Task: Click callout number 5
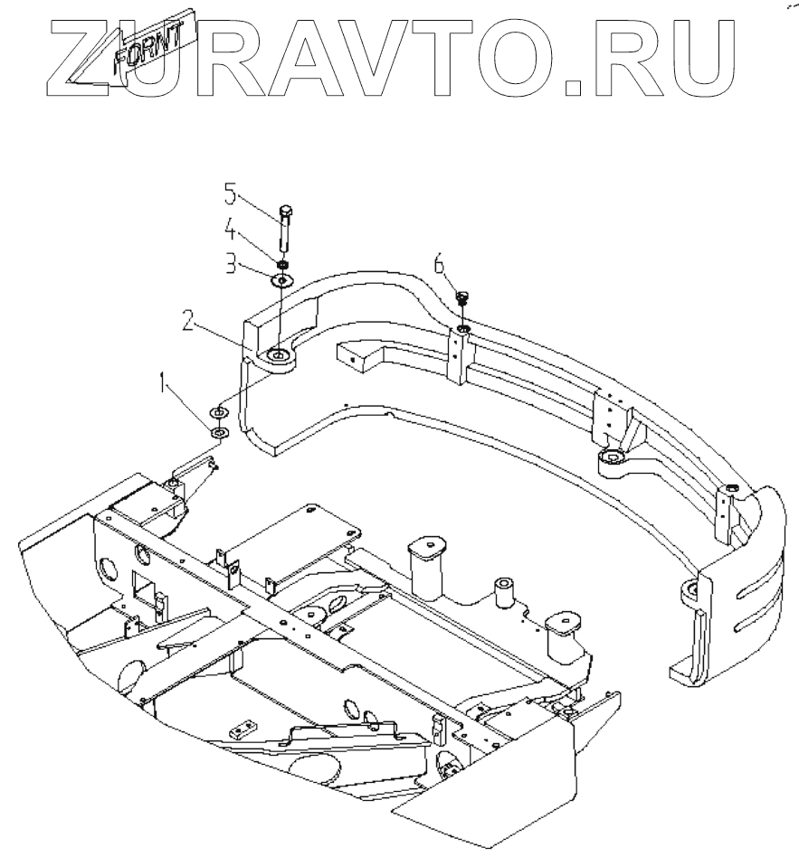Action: pos(230,193)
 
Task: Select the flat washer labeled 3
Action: pos(282,280)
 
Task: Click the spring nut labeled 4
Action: pos(283,265)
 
